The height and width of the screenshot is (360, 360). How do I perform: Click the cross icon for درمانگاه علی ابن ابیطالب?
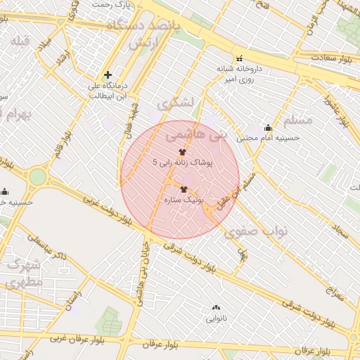tap(108, 75)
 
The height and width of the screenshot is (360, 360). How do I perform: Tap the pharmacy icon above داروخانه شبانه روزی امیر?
tap(239, 58)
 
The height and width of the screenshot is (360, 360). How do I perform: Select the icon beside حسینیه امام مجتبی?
tap(268, 127)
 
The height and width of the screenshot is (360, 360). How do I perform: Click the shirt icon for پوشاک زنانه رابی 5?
tap(183, 152)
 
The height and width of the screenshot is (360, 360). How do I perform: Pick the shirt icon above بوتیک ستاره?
tap(184, 189)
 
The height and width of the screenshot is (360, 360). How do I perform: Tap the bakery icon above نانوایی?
tap(215, 307)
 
